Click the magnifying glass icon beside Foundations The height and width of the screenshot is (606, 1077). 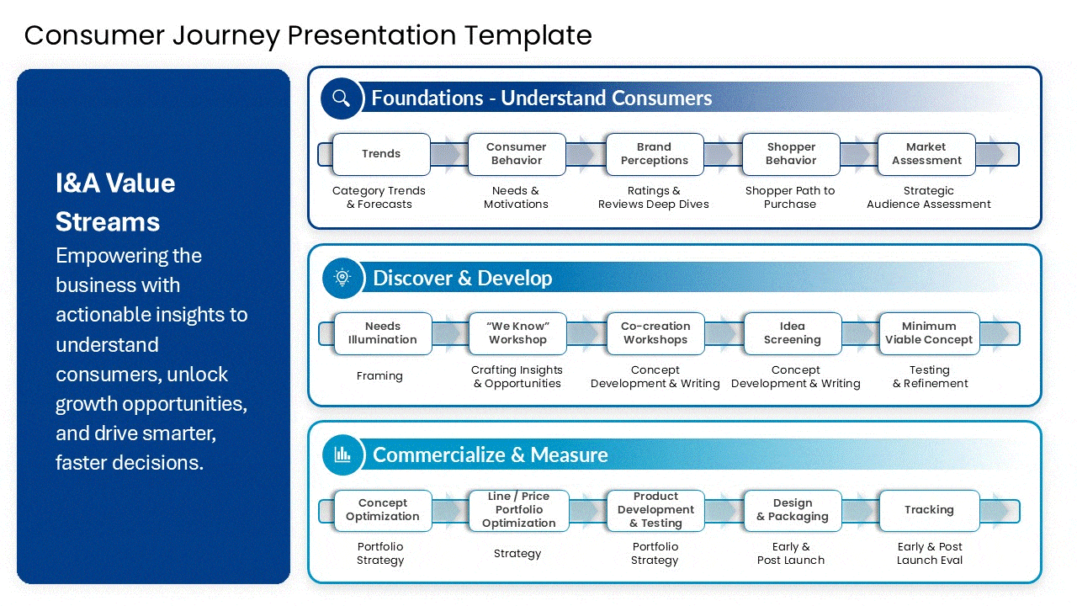pyautogui.click(x=341, y=98)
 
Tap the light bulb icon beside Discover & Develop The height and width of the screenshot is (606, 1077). pyautogui.click(x=342, y=278)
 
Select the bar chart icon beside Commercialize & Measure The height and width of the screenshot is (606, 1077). pyautogui.click(x=342, y=454)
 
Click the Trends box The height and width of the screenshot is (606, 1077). pyautogui.click(x=381, y=154)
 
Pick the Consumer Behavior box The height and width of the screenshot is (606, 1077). pyautogui.click(x=517, y=154)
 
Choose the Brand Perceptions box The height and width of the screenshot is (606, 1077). pyautogui.click(x=654, y=154)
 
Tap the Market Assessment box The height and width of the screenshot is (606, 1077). pyautogui.click(x=926, y=154)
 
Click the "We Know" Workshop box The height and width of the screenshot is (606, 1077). pyautogui.click(x=517, y=333)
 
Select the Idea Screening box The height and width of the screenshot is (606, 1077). pyautogui.click(x=792, y=333)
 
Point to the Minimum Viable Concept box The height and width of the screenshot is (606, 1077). pyautogui.click(x=929, y=333)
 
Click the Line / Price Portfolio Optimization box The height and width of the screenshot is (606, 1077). pyautogui.click(x=518, y=510)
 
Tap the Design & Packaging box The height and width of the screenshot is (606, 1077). pyautogui.click(x=792, y=510)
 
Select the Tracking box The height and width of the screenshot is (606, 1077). pyautogui.click(x=929, y=510)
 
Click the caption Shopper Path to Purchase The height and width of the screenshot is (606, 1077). pyautogui.click(x=790, y=198)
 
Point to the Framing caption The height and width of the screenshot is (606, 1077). pyautogui.click(x=379, y=376)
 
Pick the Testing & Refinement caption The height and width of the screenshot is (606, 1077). pyautogui.click(x=930, y=377)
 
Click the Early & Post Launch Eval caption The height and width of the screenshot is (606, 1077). pyautogui.click(x=929, y=554)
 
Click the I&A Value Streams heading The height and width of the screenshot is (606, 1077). pyautogui.click(x=115, y=202)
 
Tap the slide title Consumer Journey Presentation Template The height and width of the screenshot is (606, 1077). pyautogui.click(x=308, y=35)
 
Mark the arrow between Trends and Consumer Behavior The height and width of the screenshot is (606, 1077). pyautogui.click(x=449, y=154)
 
